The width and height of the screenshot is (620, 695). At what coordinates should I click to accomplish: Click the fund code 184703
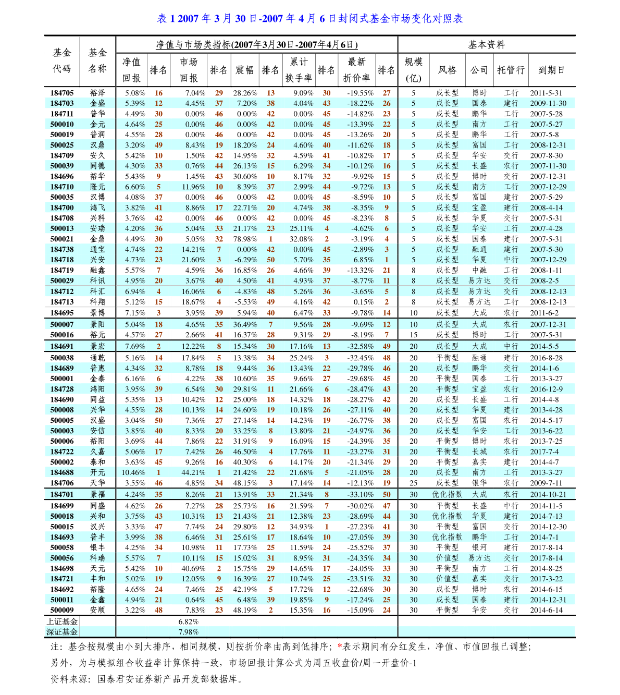62,103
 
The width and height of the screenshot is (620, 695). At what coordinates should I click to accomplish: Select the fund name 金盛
97,103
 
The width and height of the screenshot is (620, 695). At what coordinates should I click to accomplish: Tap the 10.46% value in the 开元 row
133,472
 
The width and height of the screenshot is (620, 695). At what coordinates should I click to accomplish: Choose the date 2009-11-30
548,103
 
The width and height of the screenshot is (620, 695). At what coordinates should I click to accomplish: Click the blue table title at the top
310,19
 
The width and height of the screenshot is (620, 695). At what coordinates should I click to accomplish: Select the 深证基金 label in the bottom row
62,632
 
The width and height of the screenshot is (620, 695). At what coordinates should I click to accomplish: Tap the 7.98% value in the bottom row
188,632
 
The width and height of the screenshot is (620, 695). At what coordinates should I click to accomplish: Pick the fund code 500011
62,600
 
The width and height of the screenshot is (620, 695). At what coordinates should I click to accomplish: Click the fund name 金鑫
97,600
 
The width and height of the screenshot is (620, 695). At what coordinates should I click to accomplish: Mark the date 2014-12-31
548,600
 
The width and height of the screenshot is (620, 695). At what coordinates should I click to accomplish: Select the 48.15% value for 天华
245,483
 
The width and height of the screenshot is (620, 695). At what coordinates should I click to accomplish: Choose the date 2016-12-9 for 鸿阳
546,389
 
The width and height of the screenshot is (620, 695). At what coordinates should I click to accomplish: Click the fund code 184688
62,472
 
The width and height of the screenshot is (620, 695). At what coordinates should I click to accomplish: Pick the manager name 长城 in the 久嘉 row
479,452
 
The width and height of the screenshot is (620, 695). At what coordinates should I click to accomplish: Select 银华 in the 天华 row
479,483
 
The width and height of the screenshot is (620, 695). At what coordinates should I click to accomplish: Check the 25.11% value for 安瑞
302,228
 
